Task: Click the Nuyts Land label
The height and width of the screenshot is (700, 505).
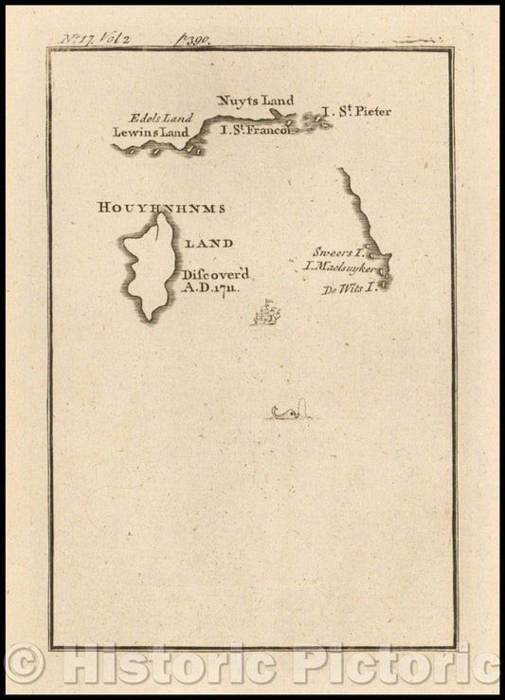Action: click(x=256, y=100)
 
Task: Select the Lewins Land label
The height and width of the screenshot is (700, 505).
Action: click(x=151, y=133)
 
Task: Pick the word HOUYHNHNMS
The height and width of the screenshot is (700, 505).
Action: click(x=160, y=206)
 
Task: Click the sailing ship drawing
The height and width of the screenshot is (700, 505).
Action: click(x=267, y=312)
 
